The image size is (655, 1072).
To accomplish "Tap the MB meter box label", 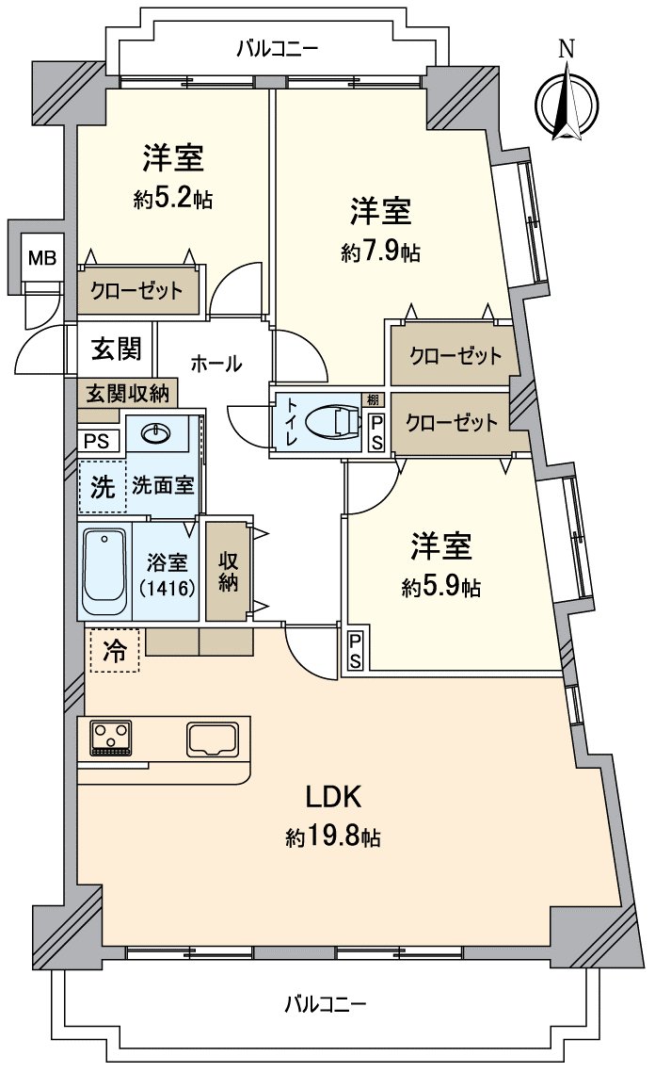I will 40,256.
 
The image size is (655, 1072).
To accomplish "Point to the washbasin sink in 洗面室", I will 154,433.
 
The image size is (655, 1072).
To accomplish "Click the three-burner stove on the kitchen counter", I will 111,738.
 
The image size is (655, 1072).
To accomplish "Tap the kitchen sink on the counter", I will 216,738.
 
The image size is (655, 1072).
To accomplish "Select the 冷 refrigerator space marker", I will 113,651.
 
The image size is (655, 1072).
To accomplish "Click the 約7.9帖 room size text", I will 381,252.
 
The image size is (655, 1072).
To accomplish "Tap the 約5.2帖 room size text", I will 172,199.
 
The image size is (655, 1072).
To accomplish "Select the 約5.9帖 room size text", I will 440,588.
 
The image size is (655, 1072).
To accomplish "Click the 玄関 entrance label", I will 117,349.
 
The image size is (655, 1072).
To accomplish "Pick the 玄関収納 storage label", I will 128,392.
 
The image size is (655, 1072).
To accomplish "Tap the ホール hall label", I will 216,363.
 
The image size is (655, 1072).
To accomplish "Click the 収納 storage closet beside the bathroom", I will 229,571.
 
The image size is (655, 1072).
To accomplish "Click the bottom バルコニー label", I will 326,1003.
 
